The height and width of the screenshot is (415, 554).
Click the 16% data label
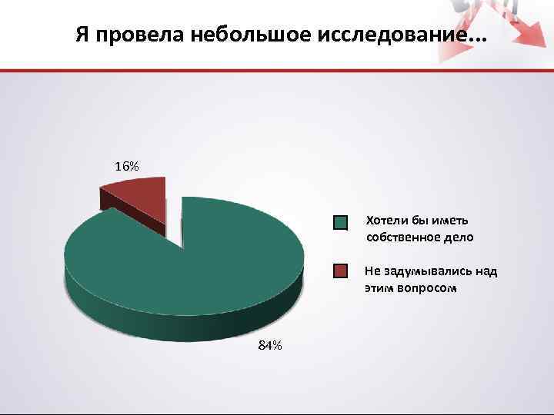point(127,166)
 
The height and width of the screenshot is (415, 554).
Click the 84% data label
point(269,346)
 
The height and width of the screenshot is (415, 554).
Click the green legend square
point(341,223)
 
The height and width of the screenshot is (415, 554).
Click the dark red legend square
point(341,271)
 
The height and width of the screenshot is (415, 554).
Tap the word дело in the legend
point(459,237)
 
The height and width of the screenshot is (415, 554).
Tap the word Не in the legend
point(372,271)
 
